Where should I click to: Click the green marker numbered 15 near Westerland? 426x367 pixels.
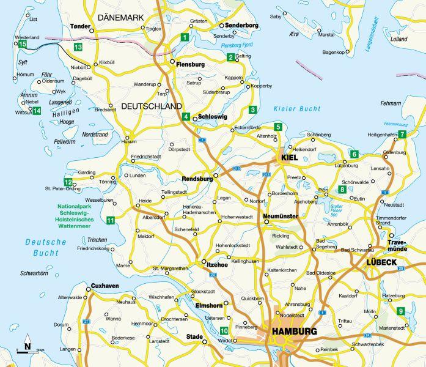click(22, 44)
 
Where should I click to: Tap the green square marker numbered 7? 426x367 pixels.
click(402, 135)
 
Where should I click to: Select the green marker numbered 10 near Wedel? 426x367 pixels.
click(224, 331)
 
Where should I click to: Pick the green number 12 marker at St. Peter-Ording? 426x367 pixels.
click(68, 182)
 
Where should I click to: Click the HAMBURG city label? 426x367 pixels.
click(296, 332)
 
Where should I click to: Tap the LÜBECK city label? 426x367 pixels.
click(382, 262)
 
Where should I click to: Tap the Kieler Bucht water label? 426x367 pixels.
click(296, 108)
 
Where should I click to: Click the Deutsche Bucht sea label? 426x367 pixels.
click(46, 247)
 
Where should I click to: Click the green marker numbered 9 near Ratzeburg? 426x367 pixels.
click(401, 311)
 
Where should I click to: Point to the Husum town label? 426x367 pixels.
click(129, 142)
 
